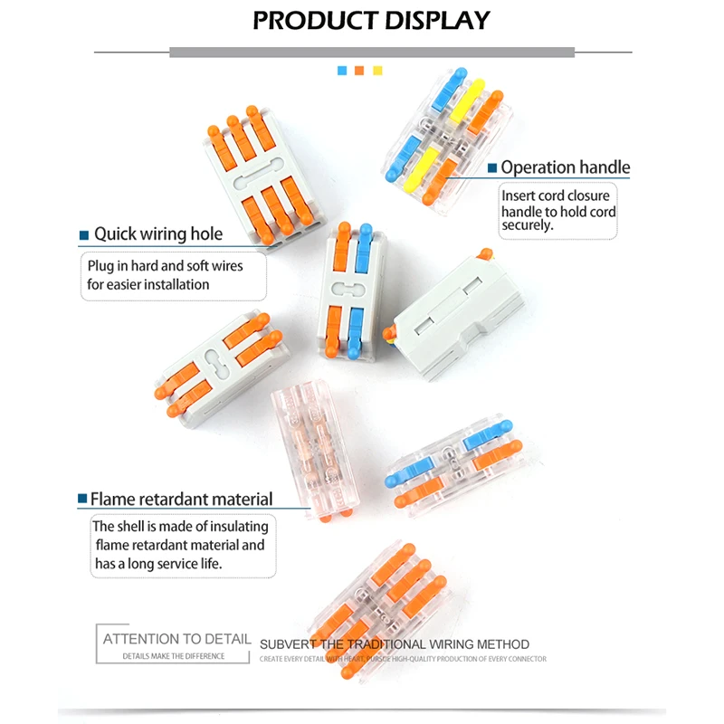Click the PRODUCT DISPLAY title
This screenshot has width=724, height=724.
click(371, 20)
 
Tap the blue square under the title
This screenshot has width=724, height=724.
click(342, 70)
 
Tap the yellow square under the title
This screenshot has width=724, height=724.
click(378, 70)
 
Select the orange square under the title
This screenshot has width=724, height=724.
click(360, 70)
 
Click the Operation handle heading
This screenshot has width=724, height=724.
click(565, 167)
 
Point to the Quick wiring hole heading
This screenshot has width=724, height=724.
click(158, 234)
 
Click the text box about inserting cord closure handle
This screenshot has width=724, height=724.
click(558, 211)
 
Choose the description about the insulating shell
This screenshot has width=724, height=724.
click(180, 545)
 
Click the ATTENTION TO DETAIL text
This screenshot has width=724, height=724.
click(176, 639)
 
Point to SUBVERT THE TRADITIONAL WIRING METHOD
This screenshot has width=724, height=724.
click(395, 644)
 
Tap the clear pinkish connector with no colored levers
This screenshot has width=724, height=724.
click(317, 452)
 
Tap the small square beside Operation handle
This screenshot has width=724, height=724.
click(492, 168)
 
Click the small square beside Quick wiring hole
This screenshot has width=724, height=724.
click(84, 235)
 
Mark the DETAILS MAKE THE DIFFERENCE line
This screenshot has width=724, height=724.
click(173, 656)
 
